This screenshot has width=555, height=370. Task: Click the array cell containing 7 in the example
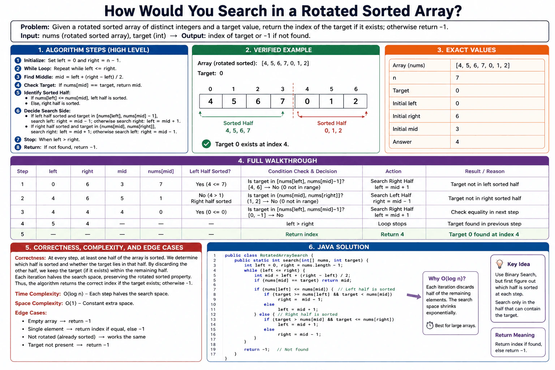pyautogui.click(x=282, y=101)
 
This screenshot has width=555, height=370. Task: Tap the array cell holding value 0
pyautogui.click(x=307, y=101)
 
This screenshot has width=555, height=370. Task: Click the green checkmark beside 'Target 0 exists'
pyautogui.click(x=206, y=144)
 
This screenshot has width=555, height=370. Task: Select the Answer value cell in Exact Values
pyautogui.click(x=497, y=142)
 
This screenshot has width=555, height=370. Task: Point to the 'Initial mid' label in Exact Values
pyautogui.click(x=405, y=129)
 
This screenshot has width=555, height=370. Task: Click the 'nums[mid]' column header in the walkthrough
pyautogui.click(x=161, y=171)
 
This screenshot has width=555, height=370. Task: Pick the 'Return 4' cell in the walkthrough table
pyautogui.click(x=392, y=234)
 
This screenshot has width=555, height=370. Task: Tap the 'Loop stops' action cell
pyautogui.click(x=392, y=224)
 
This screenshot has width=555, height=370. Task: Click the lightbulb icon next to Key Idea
pyautogui.click(x=499, y=264)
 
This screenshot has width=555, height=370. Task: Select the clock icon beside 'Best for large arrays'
pyautogui.click(x=430, y=325)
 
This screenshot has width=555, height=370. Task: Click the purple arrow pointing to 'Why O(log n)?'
pyautogui.click(x=414, y=296)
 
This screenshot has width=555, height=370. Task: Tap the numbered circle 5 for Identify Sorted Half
pyautogui.click(x=18, y=93)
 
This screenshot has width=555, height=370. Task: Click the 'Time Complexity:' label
pyautogui.click(x=38, y=294)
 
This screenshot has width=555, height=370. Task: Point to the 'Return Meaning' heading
pyautogui.click(x=515, y=335)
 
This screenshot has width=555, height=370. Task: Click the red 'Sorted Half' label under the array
pyautogui.click(x=332, y=123)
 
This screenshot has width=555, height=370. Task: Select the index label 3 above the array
pyautogui.click(x=283, y=89)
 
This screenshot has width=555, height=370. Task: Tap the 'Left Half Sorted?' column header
pyautogui.click(x=210, y=171)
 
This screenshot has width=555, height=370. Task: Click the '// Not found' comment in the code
pyautogui.click(x=292, y=349)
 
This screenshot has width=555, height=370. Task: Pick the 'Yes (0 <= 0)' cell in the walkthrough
pyautogui.click(x=211, y=212)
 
